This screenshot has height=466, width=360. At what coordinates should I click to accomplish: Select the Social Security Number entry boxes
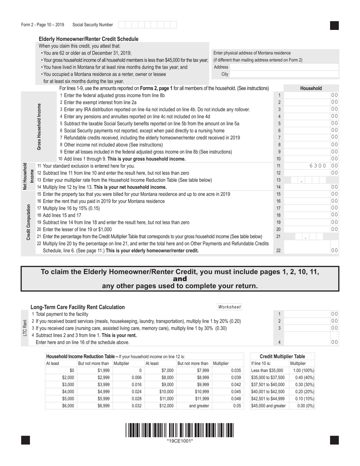click(147, 25)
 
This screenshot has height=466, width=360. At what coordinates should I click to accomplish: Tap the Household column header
click(311, 88)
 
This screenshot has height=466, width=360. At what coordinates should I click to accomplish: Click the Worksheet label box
click(229, 307)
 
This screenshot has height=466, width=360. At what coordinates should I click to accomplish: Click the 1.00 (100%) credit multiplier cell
click(301, 371)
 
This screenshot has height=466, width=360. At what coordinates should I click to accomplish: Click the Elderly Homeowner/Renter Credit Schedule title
click(89, 39)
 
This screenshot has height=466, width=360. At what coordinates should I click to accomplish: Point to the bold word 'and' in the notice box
click(180, 279)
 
